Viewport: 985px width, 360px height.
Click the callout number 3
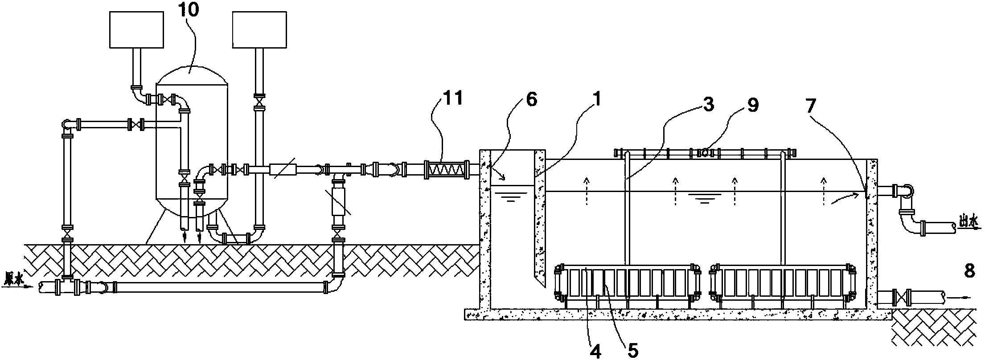(x=708, y=104)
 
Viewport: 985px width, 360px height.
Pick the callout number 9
(x=752, y=106)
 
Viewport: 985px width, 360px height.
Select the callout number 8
(x=969, y=272)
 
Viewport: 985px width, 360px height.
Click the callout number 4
(x=595, y=351)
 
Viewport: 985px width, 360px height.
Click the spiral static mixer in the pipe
(x=446, y=170)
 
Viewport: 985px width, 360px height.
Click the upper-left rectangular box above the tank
(x=136, y=29)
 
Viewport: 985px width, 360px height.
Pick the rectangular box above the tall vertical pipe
(x=259, y=29)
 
